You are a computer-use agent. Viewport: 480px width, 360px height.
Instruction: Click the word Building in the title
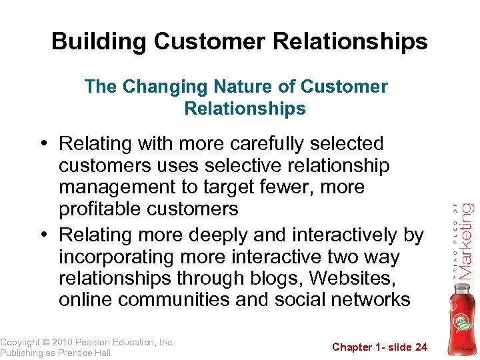click(99, 41)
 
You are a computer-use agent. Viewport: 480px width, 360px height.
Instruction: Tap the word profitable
click(99, 209)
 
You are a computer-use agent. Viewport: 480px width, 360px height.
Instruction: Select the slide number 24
click(420, 347)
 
